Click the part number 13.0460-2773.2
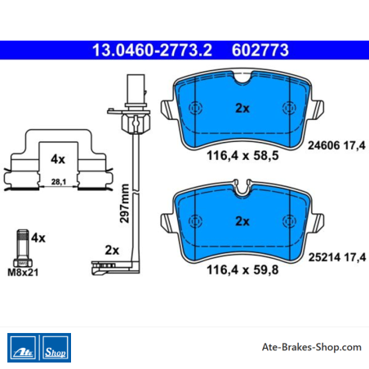(152, 50)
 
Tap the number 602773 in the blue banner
(260, 50)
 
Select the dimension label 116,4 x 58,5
(242, 156)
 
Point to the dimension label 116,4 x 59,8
(242, 270)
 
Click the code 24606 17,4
(336, 145)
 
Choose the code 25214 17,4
(337, 257)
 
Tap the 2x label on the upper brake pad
(242, 109)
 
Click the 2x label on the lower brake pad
(242, 221)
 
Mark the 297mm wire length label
(124, 203)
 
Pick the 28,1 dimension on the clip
(59, 181)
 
